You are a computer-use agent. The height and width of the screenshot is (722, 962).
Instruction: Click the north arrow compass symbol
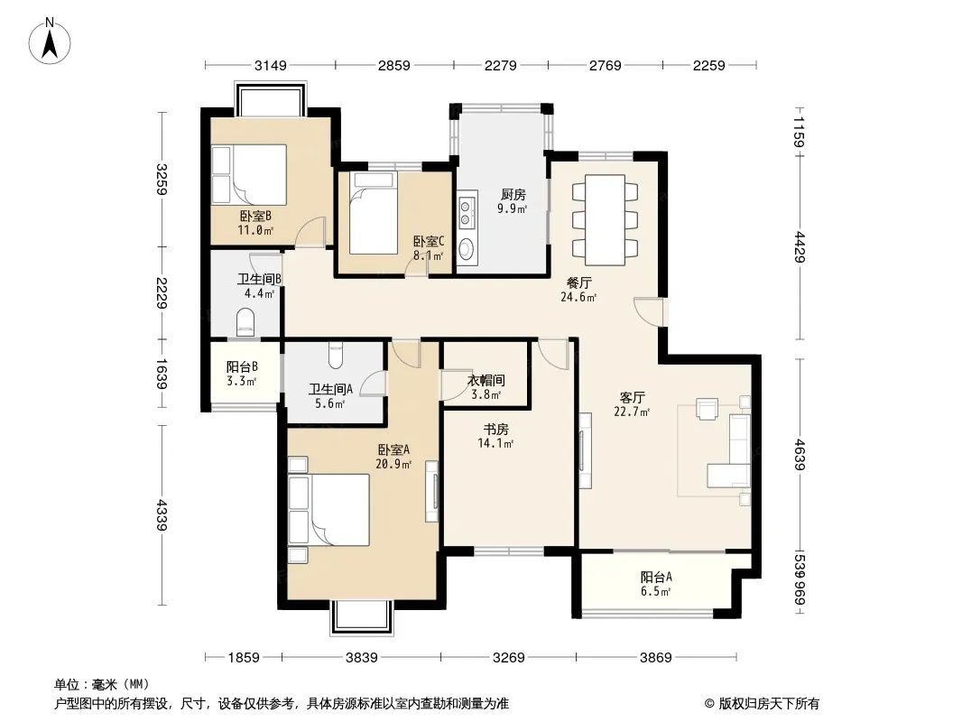point(50,42)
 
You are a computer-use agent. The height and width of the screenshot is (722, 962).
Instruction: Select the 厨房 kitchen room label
point(513,195)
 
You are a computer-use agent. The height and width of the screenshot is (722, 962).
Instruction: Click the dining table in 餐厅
point(605,219)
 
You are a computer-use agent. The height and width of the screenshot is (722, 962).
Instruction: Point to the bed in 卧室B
point(249,175)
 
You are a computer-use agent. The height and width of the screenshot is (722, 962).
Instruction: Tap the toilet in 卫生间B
point(245,322)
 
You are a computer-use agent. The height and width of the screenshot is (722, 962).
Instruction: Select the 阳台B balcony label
point(242,366)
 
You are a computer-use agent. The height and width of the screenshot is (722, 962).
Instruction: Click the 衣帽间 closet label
point(486,380)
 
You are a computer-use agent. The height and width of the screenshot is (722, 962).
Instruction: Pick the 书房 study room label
point(495,430)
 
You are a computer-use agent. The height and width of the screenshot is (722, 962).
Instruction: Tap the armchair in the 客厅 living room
point(707,409)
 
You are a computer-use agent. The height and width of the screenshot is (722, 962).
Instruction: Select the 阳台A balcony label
point(656,578)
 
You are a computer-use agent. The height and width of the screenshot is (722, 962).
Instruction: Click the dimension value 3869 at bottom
point(656,658)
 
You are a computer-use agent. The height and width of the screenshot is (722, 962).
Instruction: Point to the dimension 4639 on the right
point(800,455)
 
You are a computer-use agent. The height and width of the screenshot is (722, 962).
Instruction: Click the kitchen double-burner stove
point(467,209)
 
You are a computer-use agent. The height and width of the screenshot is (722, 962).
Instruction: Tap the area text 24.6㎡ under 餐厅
point(578,298)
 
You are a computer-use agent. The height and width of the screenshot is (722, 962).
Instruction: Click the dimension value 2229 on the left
point(162,293)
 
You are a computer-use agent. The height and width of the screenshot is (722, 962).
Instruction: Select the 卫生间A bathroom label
point(330,389)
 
